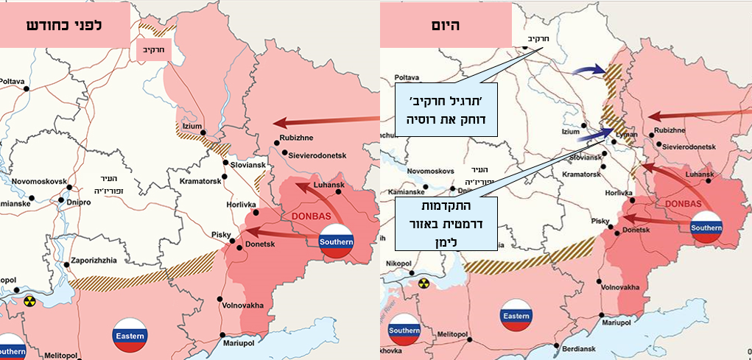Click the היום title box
click(x=446, y=26)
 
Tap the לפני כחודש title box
click(x=65, y=24)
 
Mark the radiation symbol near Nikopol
click(x=424, y=283)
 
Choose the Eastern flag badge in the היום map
click(x=516, y=317)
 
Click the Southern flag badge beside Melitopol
click(x=404, y=331)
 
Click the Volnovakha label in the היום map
click(x=621, y=287)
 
